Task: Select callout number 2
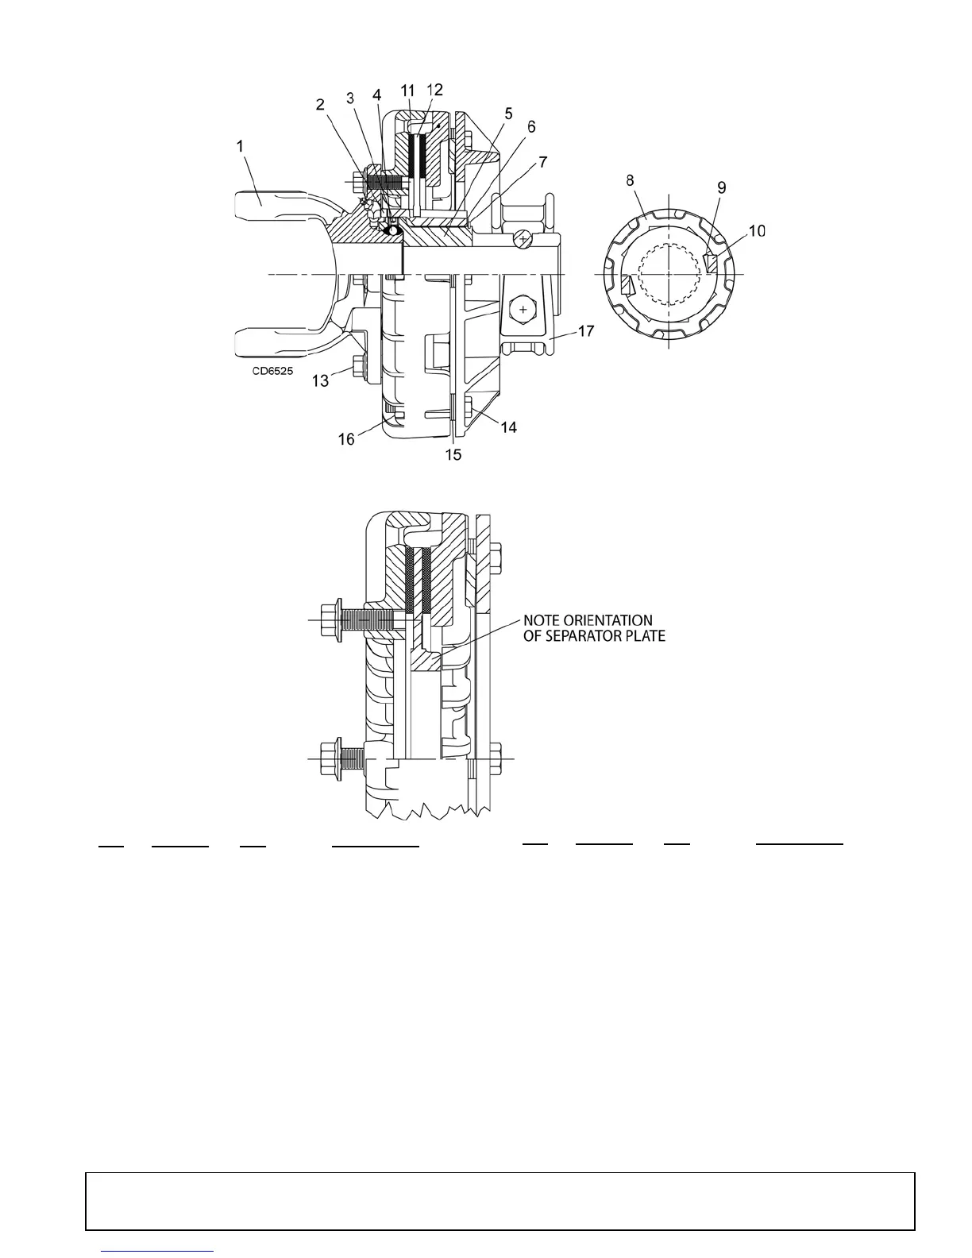(x=320, y=104)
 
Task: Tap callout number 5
(x=509, y=113)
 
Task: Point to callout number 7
(x=542, y=161)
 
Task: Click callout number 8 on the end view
(x=630, y=180)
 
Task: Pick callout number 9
(x=721, y=187)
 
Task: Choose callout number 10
(x=756, y=230)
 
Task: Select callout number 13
(x=320, y=381)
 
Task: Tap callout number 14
(x=508, y=427)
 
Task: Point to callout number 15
(x=453, y=455)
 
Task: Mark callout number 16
(x=347, y=438)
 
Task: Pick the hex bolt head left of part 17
(x=524, y=306)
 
